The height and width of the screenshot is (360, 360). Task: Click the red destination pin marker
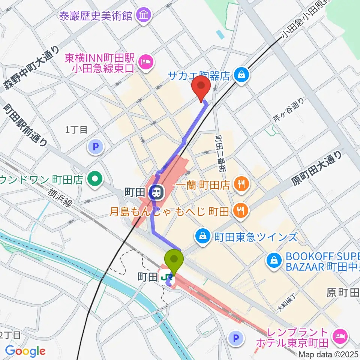201,87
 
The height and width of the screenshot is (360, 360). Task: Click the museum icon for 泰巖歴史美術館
144,15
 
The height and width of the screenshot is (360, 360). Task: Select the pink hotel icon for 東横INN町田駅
145,62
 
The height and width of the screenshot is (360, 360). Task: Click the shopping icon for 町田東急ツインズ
202,236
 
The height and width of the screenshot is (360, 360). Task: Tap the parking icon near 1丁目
95,147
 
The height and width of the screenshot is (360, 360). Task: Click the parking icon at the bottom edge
236,339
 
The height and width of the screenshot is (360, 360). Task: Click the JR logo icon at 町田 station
169,278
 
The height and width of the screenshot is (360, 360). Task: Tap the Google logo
25,351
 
